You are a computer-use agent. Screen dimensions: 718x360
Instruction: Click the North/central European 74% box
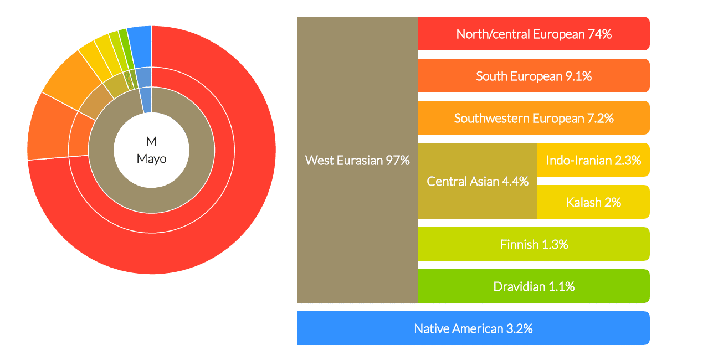(x=534, y=34)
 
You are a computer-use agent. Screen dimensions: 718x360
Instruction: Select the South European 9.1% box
(x=534, y=76)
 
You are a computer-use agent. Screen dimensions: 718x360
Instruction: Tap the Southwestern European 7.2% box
(x=534, y=117)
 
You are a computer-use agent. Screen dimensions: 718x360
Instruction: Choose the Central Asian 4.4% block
(x=478, y=181)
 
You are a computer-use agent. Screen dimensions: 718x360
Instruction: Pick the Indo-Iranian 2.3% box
(x=594, y=160)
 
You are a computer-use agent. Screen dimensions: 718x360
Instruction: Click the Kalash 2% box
(x=594, y=202)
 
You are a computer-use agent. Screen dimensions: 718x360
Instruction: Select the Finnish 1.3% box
(x=534, y=244)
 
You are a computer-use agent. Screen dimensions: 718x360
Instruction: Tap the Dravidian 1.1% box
(x=534, y=286)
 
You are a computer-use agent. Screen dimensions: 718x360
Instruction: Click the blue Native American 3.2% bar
(x=473, y=328)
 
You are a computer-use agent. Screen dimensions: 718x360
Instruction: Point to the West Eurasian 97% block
(x=357, y=160)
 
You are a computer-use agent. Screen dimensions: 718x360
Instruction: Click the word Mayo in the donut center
(x=152, y=159)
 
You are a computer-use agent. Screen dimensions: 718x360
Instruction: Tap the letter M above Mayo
(x=151, y=141)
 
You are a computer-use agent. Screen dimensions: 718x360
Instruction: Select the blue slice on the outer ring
(x=140, y=47)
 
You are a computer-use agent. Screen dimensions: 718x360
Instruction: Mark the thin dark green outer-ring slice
(x=126, y=49)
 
